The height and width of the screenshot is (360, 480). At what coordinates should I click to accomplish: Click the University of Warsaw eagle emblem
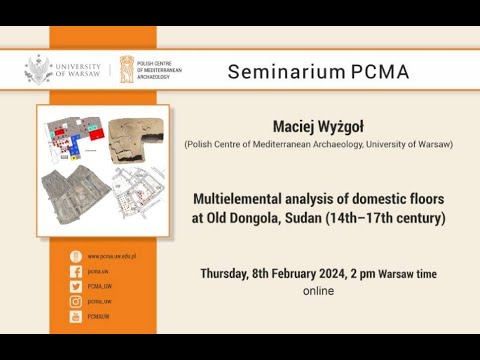(x=38, y=69)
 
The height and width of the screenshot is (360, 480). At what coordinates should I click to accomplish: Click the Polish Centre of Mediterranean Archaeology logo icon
(x=127, y=70)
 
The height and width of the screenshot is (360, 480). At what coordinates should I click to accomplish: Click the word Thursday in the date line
(x=231, y=273)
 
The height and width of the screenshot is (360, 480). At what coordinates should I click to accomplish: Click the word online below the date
(x=318, y=291)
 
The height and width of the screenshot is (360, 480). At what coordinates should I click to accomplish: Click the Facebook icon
(x=74, y=271)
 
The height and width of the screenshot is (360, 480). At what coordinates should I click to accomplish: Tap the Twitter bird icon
(x=74, y=286)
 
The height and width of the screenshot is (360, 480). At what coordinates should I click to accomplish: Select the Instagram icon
(x=74, y=301)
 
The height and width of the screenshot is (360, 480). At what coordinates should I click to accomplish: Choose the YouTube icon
(x=74, y=316)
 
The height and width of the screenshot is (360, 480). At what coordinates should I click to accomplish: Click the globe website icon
(x=74, y=256)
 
